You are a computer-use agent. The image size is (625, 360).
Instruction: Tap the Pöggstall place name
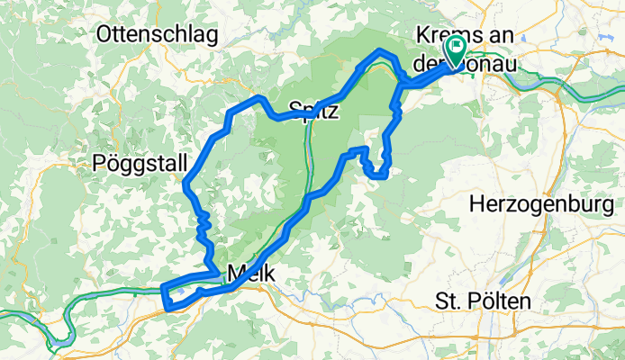[x=140, y=164]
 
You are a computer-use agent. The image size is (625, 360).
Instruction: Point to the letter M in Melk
[x=236, y=272]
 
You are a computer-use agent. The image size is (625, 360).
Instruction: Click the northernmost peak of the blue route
[x=383, y=50]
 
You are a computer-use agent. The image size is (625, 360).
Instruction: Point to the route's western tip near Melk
[x=163, y=288]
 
